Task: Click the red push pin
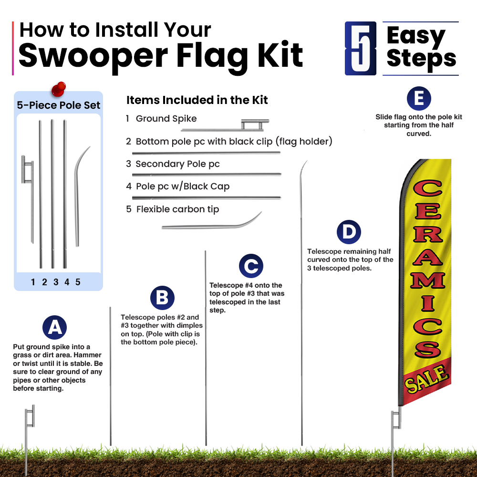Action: [58, 89]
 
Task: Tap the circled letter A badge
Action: [54, 327]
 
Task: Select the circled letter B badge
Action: [162, 298]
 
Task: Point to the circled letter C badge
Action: [251, 266]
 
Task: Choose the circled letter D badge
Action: [349, 232]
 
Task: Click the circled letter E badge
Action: [419, 98]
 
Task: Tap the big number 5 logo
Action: [361, 48]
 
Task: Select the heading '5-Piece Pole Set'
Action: [58, 105]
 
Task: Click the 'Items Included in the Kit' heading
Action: [197, 100]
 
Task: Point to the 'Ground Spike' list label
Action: [166, 118]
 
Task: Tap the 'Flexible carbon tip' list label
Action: [177, 209]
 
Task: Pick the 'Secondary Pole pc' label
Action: [177, 164]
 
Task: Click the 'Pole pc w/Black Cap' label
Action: [183, 186]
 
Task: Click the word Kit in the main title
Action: [280, 55]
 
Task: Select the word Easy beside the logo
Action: [416, 36]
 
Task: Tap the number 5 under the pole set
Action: [78, 282]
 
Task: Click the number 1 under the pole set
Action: [33, 282]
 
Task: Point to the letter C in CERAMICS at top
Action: [427, 188]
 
